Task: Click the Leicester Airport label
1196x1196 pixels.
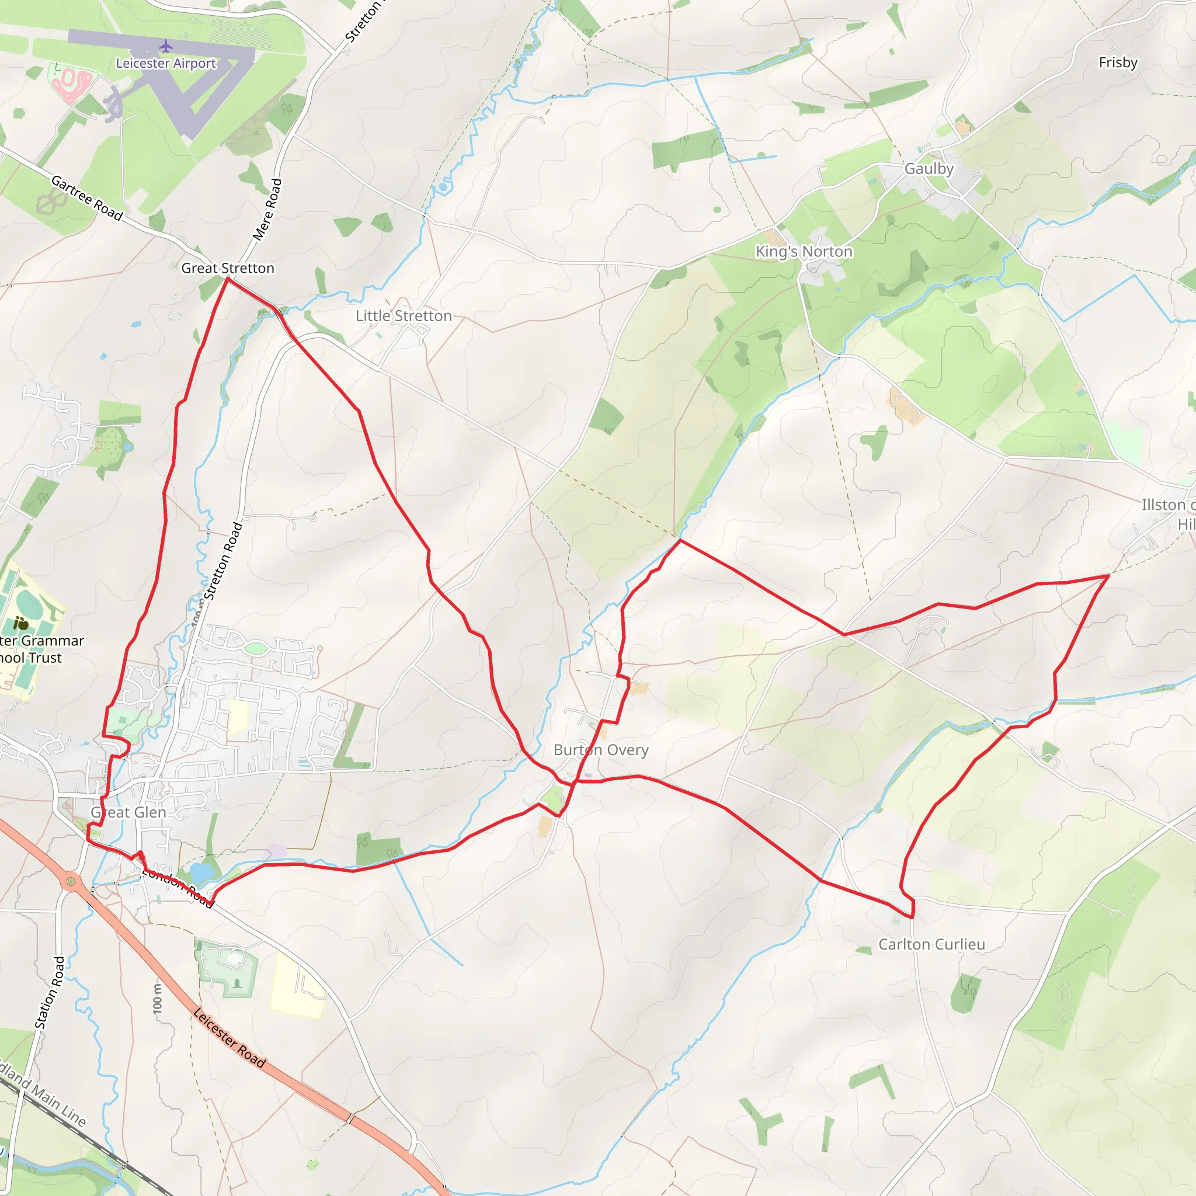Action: click(x=166, y=63)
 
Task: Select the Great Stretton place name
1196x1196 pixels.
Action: click(x=227, y=268)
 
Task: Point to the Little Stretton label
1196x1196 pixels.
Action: click(x=404, y=316)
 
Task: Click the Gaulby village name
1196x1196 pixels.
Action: click(x=929, y=168)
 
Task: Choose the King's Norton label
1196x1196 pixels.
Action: click(x=804, y=251)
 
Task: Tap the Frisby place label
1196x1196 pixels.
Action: click(x=1118, y=62)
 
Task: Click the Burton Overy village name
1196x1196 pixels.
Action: click(x=600, y=750)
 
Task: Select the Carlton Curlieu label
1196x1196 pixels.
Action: click(x=931, y=944)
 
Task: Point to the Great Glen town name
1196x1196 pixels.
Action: click(x=128, y=812)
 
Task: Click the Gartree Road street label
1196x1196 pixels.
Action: click(x=86, y=198)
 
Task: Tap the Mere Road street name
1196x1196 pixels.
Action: click(x=267, y=209)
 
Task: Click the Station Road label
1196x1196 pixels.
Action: click(x=50, y=993)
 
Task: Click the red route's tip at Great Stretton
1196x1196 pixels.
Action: click(x=227, y=279)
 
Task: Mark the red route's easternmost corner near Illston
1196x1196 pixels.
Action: click(x=1108, y=576)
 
